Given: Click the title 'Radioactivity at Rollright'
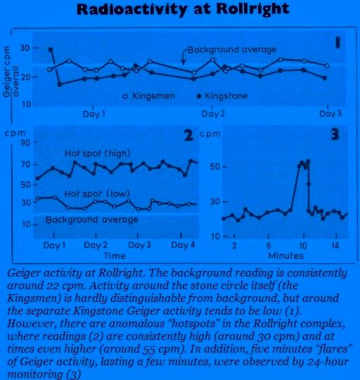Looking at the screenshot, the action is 183,10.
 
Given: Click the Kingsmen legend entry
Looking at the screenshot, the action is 148,96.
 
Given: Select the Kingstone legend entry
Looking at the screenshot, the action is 222,96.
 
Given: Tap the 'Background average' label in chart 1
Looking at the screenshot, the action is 232,49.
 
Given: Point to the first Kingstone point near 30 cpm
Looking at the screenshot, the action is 51,50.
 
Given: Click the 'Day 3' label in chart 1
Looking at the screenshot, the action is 330,113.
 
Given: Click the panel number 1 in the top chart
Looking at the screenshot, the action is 337,43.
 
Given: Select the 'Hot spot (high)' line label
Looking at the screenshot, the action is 98,153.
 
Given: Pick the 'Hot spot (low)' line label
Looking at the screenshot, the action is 97,194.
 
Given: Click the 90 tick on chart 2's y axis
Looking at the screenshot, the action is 27,142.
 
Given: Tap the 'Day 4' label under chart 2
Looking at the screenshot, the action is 183,245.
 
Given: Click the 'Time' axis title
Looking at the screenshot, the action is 115,255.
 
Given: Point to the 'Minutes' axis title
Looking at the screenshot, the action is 285,255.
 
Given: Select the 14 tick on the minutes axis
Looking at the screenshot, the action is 335,246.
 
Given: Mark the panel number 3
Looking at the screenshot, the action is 335,134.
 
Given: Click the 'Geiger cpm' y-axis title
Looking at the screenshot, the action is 7,72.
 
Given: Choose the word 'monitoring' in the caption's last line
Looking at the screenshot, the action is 35,374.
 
